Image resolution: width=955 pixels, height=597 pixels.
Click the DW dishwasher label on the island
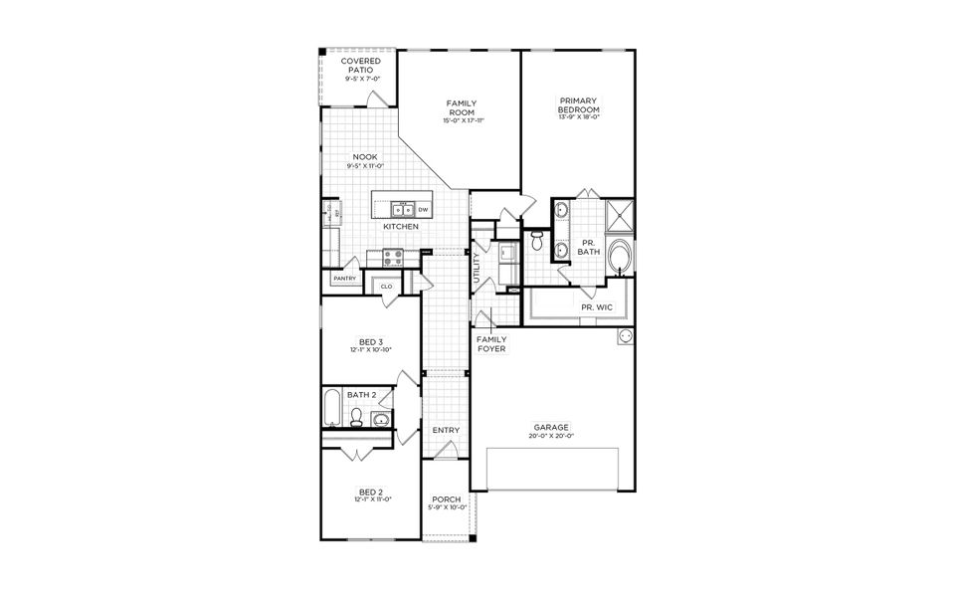423,210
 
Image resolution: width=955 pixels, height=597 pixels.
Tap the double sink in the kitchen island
402,210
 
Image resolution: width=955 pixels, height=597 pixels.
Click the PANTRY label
344,279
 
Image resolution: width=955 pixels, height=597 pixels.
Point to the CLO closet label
386,287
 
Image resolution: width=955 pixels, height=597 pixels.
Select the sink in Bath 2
382,419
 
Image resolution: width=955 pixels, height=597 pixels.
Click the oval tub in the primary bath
620,255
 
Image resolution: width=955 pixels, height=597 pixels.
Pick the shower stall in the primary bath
621,214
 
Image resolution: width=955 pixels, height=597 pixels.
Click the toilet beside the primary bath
538,240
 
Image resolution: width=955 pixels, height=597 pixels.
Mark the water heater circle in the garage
626,336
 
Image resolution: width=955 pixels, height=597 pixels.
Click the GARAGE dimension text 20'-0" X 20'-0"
549,436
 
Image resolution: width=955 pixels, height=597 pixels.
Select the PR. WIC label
597,307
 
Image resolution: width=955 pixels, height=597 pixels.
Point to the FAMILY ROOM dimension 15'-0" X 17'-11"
463,120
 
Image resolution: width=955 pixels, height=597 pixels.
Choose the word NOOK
365,157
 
